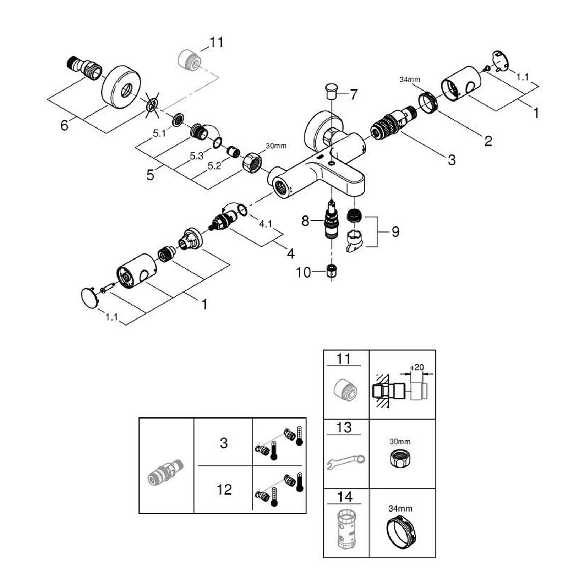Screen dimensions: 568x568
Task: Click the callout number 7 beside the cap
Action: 354,94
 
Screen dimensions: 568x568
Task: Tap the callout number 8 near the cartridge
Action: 305,221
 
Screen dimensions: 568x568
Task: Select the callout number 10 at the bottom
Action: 303,272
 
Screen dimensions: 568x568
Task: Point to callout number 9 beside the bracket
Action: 395,231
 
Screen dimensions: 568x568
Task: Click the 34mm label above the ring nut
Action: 410,80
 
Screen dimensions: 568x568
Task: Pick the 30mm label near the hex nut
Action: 276,146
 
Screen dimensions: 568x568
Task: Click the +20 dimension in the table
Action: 417,367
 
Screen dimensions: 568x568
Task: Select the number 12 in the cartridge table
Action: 224,490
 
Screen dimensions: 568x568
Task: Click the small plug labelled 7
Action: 331,92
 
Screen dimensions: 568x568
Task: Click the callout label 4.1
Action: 265,224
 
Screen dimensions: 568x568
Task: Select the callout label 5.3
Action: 196,155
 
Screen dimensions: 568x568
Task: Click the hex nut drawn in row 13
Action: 400,459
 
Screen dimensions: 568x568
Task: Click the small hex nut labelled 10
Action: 331,272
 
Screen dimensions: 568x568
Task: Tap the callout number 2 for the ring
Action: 488,141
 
